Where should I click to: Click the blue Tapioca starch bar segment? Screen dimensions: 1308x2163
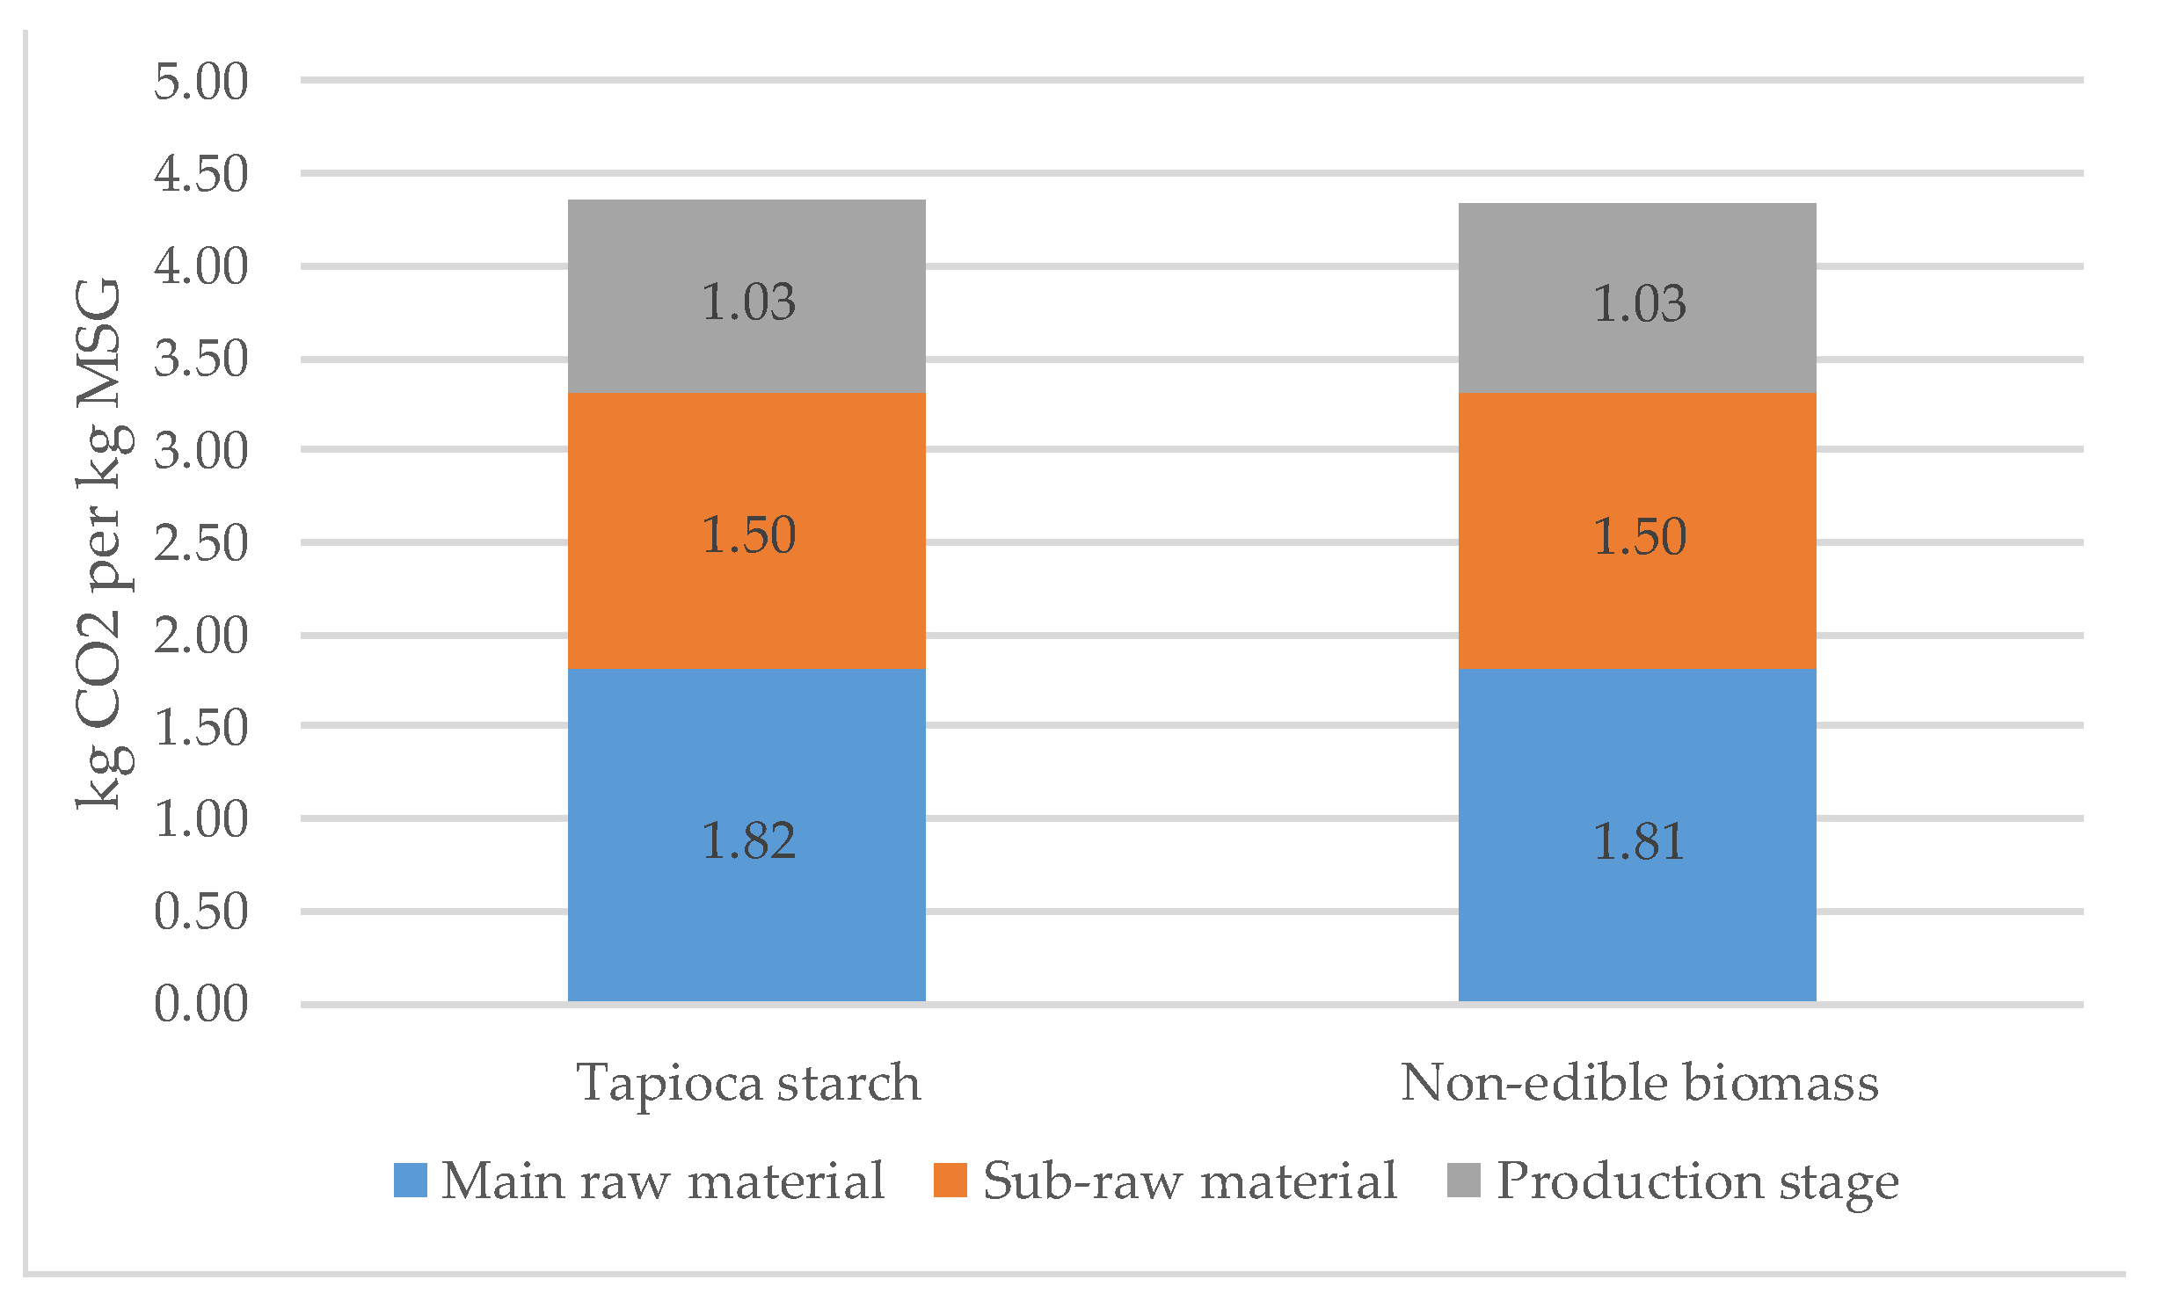(x=747, y=923)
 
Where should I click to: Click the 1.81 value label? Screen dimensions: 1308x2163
(x=1639, y=841)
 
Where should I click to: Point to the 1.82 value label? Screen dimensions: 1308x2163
(x=748, y=840)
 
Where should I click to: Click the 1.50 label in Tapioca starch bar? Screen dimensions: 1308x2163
(x=748, y=534)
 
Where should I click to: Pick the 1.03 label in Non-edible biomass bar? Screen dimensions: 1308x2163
(x=1639, y=303)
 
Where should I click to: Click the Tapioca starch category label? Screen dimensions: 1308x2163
(x=748, y=1082)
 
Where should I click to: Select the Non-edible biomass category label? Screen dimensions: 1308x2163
(x=1639, y=1082)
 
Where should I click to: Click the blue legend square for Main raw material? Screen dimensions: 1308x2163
(x=411, y=1181)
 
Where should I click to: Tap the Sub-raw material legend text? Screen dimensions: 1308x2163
(x=1189, y=1181)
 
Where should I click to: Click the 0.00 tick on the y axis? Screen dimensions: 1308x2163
(x=201, y=1003)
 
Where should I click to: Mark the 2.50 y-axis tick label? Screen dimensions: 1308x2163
(x=201, y=542)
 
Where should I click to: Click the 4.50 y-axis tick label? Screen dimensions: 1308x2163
(x=201, y=173)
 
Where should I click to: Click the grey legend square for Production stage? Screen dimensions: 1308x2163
(x=1464, y=1181)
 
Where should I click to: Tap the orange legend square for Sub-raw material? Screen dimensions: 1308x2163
(x=950, y=1181)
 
